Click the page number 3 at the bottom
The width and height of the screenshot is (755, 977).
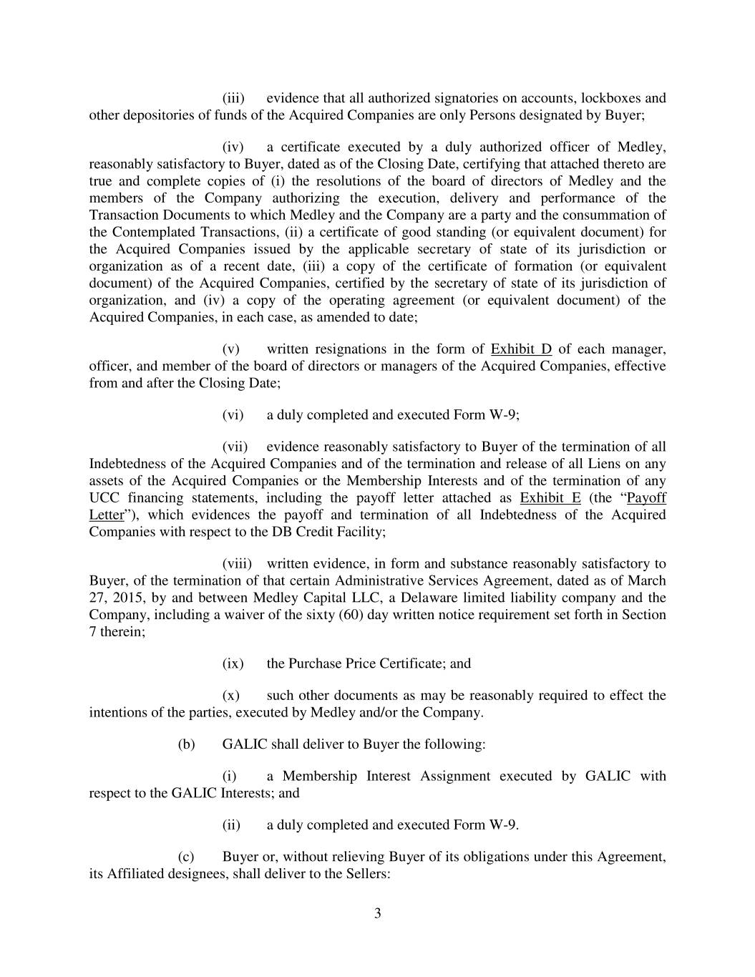377,913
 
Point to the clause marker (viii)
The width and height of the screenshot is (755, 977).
236,564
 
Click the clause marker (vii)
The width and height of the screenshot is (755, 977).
235,447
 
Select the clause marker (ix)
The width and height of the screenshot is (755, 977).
233,664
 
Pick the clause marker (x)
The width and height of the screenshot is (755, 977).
231,696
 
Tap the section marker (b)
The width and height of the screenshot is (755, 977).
186,744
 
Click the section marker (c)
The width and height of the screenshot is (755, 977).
185,857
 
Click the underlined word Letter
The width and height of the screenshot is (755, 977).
105,515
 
